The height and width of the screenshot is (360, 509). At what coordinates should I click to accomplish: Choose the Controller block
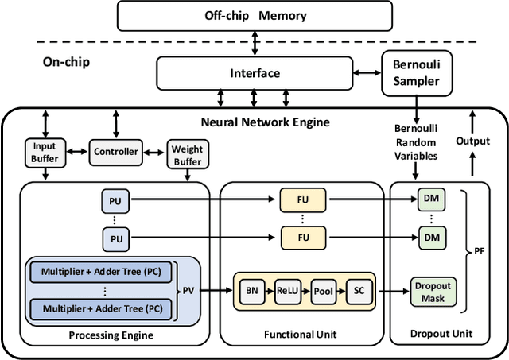116,150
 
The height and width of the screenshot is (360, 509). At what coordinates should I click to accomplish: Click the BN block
251,291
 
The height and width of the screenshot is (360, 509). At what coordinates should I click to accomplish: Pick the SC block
358,291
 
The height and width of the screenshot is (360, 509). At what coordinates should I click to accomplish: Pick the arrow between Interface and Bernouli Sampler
367,73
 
